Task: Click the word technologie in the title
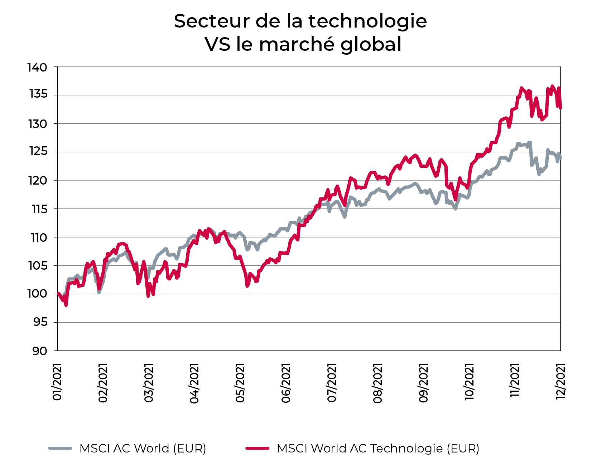click(367, 21)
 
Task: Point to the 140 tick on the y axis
click(37, 67)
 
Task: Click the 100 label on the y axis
click(37, 294)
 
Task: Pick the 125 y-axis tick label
click(37, 152)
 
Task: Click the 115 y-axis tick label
click(39, 209)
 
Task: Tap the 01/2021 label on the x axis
click(57, 382)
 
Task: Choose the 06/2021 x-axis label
click(286, 383)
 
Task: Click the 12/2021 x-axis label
click(560, 381)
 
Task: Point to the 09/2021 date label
click(424, 383)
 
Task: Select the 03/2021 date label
click(149, 383)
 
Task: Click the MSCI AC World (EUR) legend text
click(143, 448)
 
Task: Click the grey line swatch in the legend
click(60, 448)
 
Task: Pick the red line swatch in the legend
click(257, 448)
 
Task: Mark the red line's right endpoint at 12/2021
click(561, 108)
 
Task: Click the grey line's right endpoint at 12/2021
click(561, 158)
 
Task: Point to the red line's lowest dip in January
click(66, 305)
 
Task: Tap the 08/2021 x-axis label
click(378, 383)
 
